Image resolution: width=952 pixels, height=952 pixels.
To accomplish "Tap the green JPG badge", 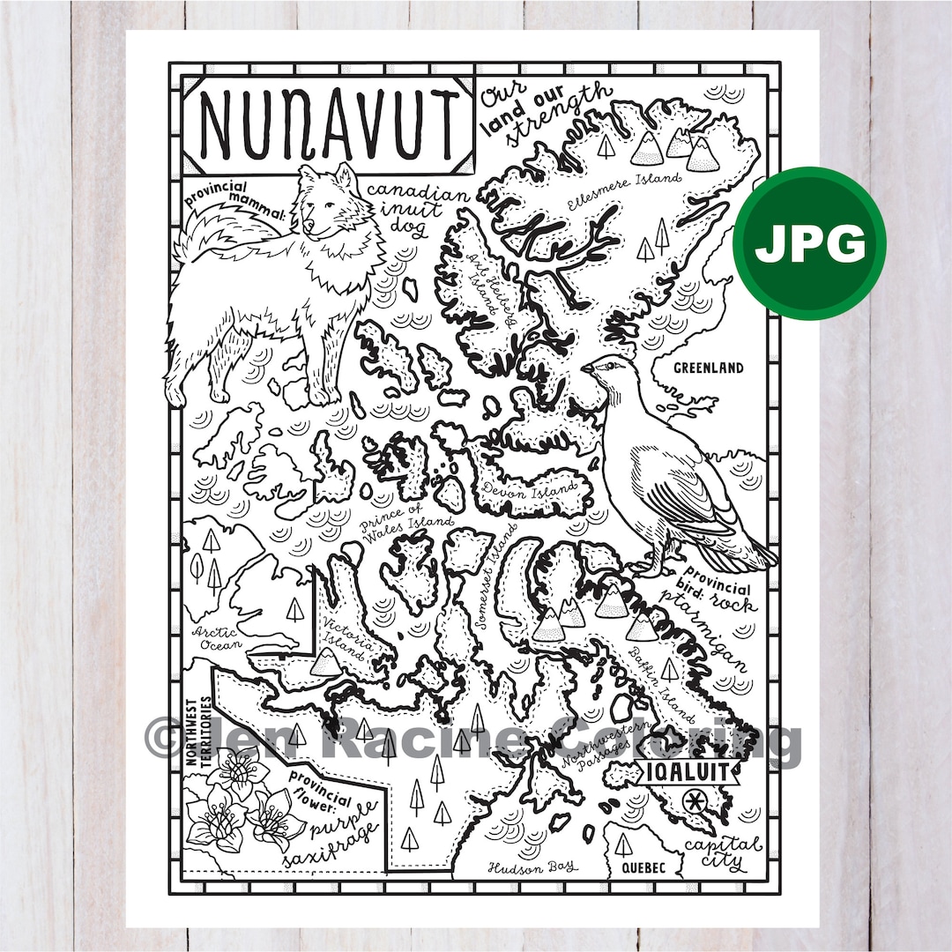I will [x=810, y=243].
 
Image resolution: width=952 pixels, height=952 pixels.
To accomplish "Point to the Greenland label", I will [x=708, y=368].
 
